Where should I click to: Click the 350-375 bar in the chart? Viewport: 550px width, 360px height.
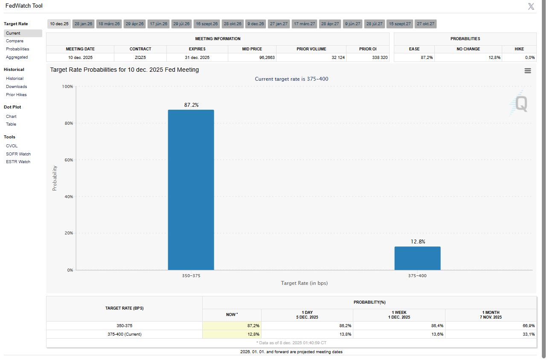191,190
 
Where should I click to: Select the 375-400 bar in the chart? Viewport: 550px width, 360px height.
417,258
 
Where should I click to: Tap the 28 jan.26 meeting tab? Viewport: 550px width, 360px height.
83,24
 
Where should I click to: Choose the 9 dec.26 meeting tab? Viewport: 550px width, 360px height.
256,24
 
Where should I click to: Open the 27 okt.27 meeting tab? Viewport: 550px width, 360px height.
425,24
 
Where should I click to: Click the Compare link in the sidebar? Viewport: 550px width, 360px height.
15,41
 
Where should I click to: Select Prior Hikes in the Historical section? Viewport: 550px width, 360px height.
16,95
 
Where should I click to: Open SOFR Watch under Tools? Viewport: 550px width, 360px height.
18,154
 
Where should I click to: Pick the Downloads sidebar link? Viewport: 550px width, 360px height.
16,87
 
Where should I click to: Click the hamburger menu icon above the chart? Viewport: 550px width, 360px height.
528,71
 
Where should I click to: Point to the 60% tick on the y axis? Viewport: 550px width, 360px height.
68,160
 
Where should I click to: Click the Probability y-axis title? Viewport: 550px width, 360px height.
55,178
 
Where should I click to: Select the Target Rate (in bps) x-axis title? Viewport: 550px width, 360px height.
304,283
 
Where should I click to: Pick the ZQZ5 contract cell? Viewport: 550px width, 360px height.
140,58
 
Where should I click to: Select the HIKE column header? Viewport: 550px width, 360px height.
519,49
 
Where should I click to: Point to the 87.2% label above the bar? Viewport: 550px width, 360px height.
191,105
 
